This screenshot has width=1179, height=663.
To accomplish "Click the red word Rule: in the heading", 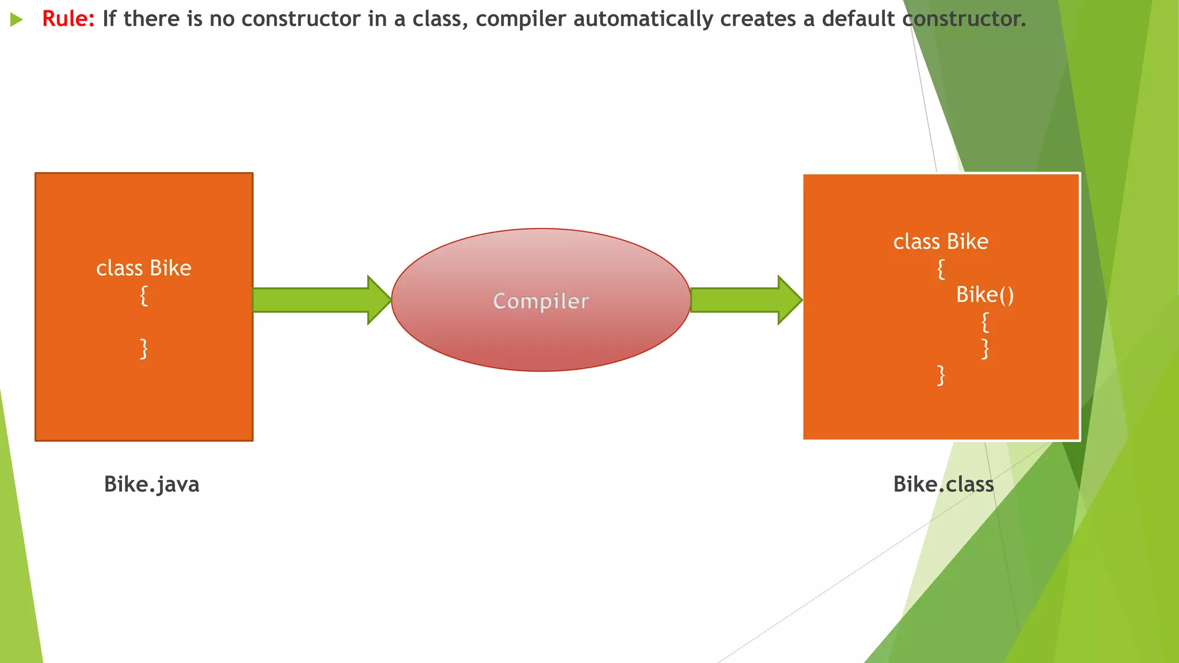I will click(68, 20).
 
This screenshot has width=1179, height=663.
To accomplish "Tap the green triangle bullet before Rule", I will click(16, 20).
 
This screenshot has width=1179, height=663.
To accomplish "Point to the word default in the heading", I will click(858, 20).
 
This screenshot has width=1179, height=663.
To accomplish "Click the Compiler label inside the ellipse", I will click(541, 301).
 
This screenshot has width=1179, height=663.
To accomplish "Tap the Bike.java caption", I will click(151, 485).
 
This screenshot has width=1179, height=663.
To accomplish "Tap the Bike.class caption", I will click(943, 485).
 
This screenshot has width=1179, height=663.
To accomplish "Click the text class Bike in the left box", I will click(143, 268).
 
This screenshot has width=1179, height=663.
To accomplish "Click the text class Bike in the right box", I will click(940, 242).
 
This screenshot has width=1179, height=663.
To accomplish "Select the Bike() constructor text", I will click(984, 295).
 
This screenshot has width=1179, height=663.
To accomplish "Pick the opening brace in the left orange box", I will click(144, 296).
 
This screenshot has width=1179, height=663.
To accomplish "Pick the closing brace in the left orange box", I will click(144, 349).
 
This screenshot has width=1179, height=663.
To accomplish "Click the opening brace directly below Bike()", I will click(985, 322).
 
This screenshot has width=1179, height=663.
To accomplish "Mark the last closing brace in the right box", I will click(941, 375).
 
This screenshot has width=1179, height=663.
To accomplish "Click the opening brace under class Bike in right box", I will click(941, 269).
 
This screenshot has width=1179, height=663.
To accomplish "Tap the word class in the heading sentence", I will click(437, 20).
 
